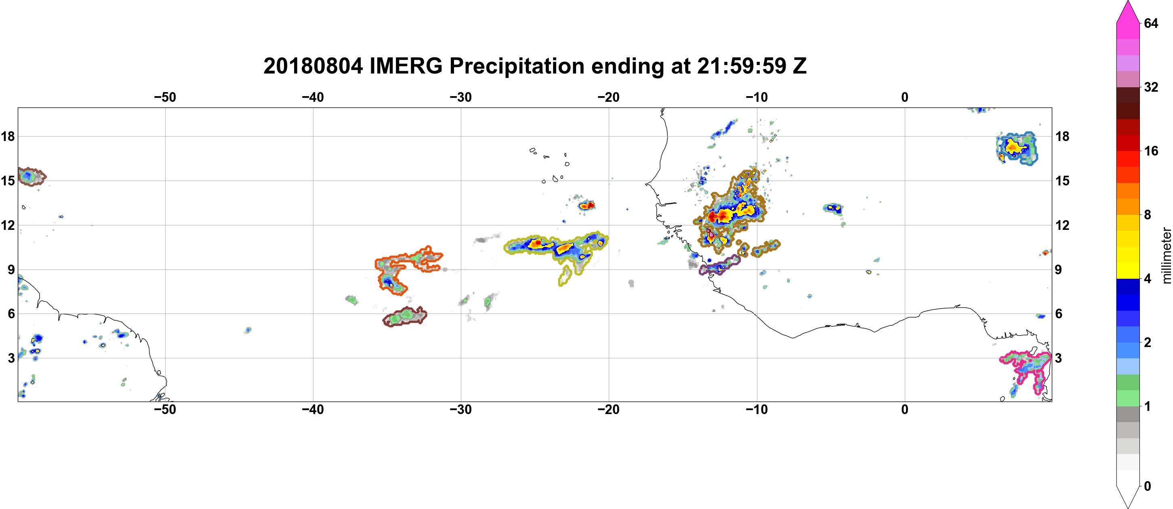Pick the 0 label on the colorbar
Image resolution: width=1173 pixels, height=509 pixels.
[1148, 486]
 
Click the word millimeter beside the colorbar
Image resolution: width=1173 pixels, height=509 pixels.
[1166, 255]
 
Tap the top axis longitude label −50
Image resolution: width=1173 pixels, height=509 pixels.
[165, 97]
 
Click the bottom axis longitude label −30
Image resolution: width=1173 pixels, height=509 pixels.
[461, 409]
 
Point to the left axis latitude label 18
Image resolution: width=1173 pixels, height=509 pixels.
[8, 136]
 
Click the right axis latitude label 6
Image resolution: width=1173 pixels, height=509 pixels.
[1059, 314]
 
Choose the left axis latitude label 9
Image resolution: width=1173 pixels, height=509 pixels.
[11, 269]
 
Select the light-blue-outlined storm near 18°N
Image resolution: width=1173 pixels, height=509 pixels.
[1016, 148]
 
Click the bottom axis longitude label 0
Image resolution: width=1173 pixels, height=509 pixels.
[905, 409]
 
